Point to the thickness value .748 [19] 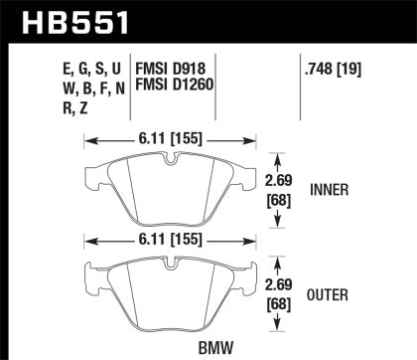coord(334,72)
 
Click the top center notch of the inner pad coord(172,159)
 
